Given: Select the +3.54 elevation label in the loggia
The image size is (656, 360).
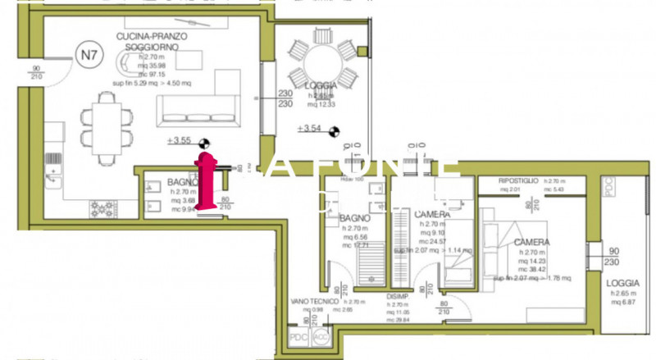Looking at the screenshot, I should (312, 128).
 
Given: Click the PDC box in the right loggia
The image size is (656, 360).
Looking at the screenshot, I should (608, 188).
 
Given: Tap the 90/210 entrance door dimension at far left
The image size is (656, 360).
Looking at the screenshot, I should (36, 72).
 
